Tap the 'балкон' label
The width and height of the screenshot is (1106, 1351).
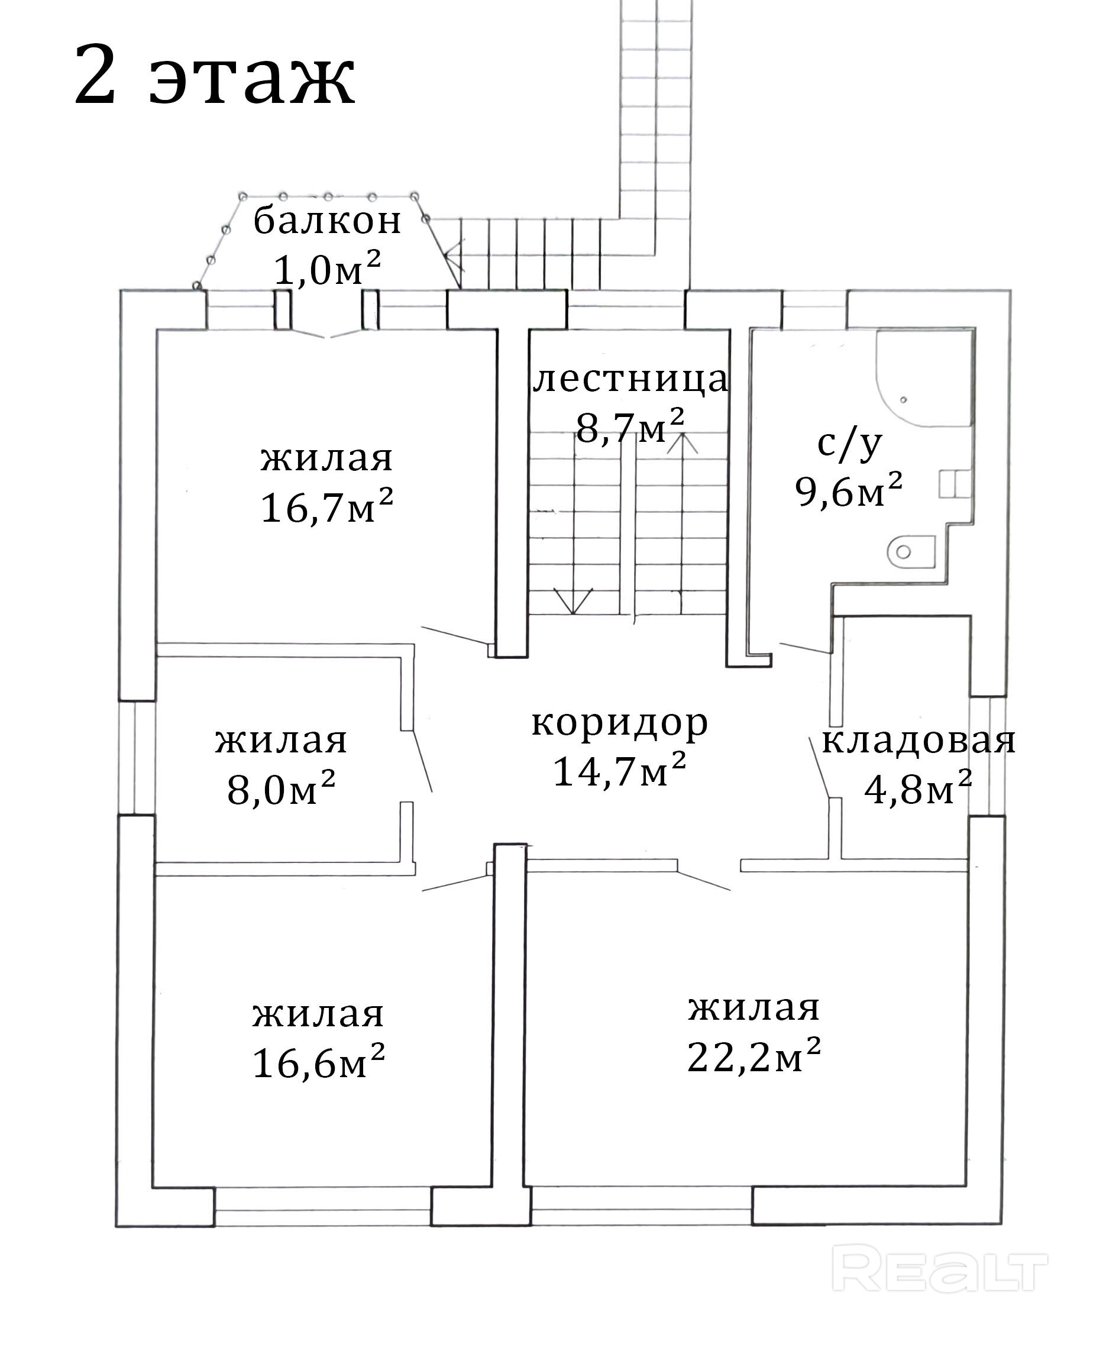point(328,222)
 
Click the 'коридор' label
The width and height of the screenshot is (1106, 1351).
point(619,723)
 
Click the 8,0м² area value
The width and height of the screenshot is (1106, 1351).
point(281,788)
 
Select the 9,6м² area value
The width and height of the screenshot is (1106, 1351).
point(849,490)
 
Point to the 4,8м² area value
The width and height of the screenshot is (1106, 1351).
point(918,790)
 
